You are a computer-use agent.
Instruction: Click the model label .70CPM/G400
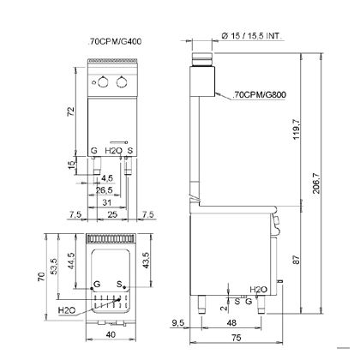pos(115,42)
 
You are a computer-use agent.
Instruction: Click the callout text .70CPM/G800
pos(260,94)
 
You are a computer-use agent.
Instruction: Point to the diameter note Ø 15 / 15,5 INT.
pos(252,36)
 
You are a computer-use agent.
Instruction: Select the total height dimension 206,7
pos(316,183)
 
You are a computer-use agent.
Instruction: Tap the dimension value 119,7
pos(297,129)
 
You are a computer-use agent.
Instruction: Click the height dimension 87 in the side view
pos(297,260)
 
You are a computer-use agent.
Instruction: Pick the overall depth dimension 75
pos(237,338)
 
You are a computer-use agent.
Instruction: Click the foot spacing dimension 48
pos(231,322)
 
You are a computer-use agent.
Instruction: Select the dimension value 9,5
pos(178,323)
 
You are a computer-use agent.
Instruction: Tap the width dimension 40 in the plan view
pos(111,334)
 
